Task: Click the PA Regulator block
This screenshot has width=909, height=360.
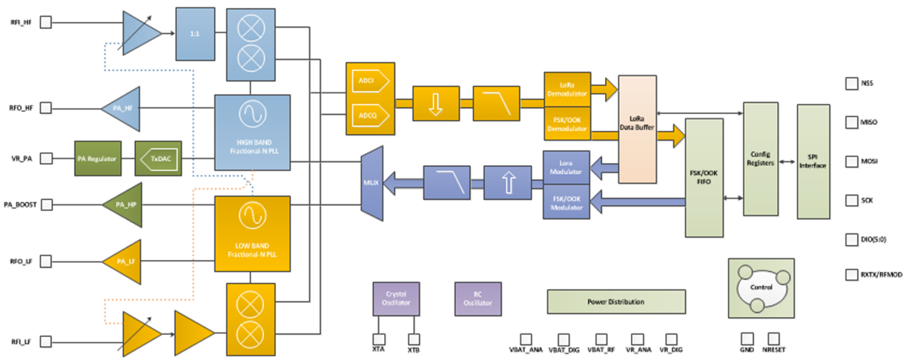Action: tap(97, 158)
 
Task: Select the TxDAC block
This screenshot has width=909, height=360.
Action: tap(158, 158)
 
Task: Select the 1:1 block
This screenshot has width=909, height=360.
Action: tap(195, 34)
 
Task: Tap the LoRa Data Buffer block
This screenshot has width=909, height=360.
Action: tap(637, 128)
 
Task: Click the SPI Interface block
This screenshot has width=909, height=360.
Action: tap(813, 161)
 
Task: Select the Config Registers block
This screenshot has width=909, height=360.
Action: tap(760, 158)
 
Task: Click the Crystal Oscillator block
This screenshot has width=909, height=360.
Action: tap(395, 299)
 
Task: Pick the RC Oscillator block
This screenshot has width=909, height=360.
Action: tap(478, 299)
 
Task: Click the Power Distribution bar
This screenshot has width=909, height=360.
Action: tap(615, 301)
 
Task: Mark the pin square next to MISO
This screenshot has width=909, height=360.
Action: tap(852, 122)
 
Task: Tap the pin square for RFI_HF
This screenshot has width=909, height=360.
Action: tap(44, 23)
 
